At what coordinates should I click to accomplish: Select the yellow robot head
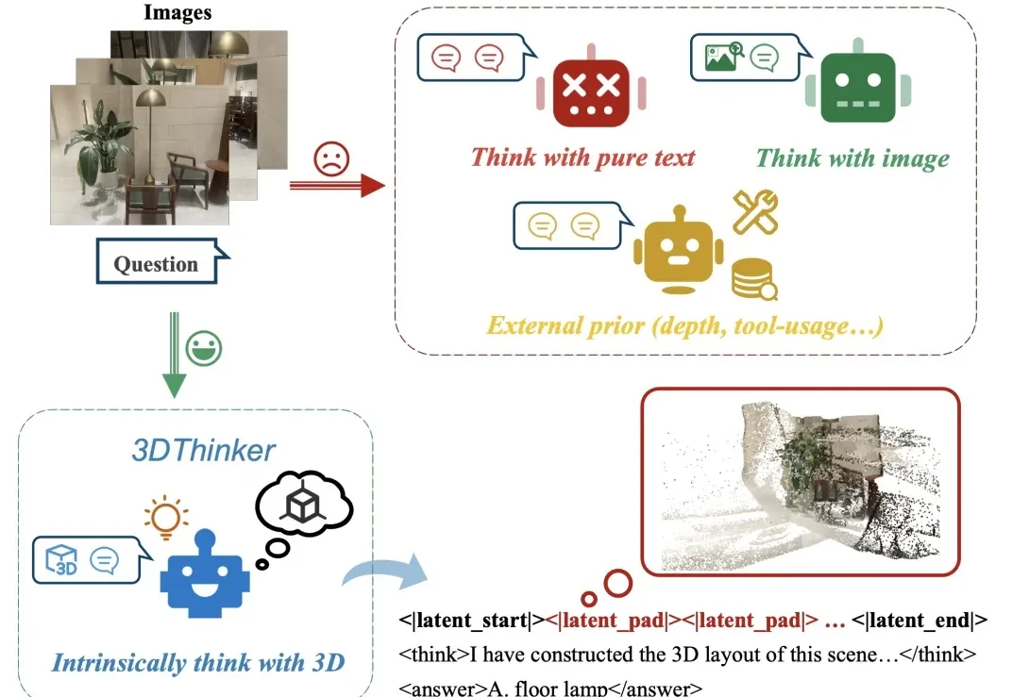(x=679, y=247)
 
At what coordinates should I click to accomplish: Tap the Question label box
(x=156, y=263)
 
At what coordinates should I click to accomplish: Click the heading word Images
(x=177, y=13)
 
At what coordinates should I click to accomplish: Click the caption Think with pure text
(x=582, y=158)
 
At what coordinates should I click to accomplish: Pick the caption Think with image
(x=852, y=158)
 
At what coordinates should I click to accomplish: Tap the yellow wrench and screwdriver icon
(x=755, y=212)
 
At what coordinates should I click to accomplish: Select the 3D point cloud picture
(x=801, y=480)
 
